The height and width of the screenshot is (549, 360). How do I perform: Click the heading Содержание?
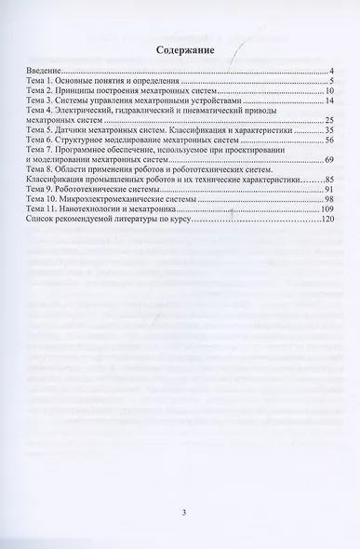click(x=180, y=52)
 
